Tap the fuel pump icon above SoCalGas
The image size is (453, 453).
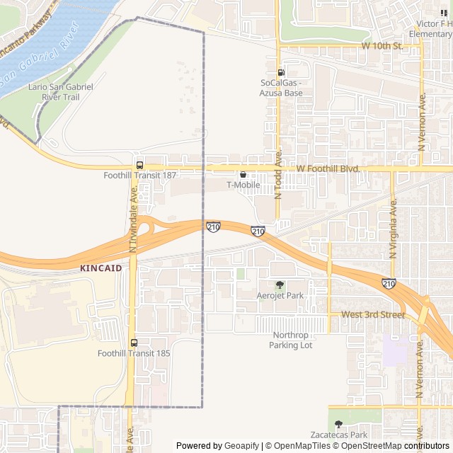pos(281,72)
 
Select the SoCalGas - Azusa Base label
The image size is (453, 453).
pos(281,88)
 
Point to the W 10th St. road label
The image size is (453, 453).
pos(382,46)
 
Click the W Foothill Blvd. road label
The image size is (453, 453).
pos(328,168)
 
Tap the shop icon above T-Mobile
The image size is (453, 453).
pos(243,174)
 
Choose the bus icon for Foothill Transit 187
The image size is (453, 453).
pos(139,164)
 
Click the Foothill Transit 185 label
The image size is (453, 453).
pos(134,353)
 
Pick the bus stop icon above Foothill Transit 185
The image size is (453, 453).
pos(134,343)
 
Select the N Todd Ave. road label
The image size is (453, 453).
pos(278,173)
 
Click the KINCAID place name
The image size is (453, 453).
pos(101,268)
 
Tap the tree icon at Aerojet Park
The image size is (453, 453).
pos(280,285)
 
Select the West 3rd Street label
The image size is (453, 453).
pos(373,314)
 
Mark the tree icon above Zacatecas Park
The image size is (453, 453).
pos(338,424)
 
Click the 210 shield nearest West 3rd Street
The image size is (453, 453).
pos(389,284)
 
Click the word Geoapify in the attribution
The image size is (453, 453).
pos(241,446)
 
